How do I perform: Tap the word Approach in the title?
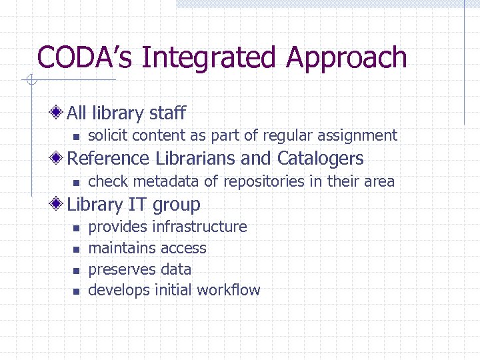pyautogui.click(x=347, y=58)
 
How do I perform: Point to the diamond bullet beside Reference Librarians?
pyautogui.click(x=59, y=158)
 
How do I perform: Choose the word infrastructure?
pyautogui.click(x=199, y=227)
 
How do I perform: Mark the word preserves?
pyautogui.click(x=117, y=269)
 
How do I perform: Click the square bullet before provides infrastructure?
pyautogui.click(x=76, y=228)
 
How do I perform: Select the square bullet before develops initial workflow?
pyautogui.click(x=76, y=291)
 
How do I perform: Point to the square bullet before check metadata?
pyautogui.click(x=76, y=182)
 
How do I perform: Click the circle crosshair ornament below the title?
pyautogui.click(x=30, y=81)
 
